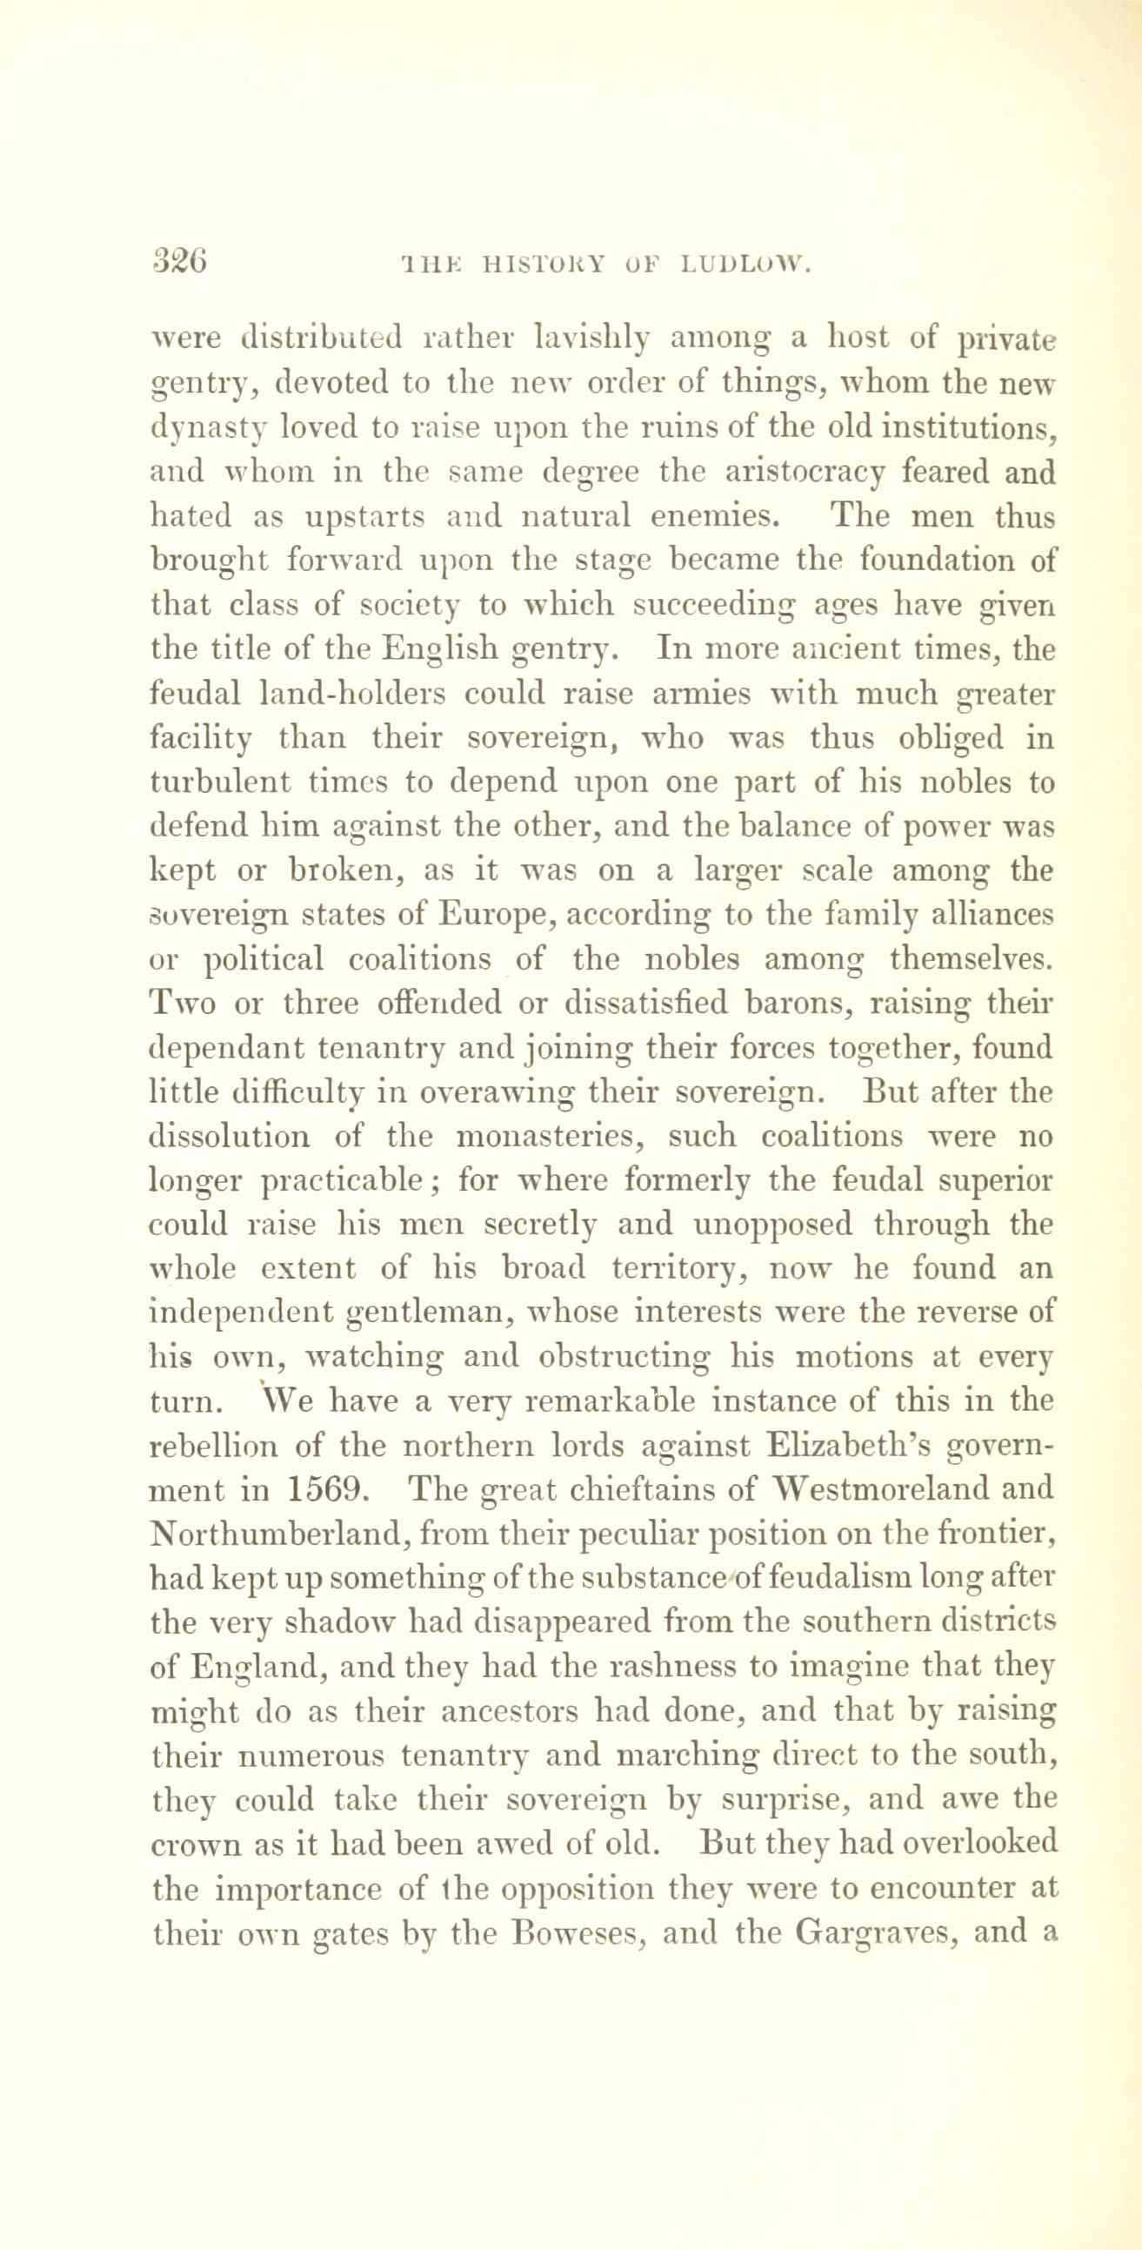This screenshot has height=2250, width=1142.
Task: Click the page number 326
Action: point(179,260)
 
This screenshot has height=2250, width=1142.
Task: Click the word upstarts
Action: point(364,516)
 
